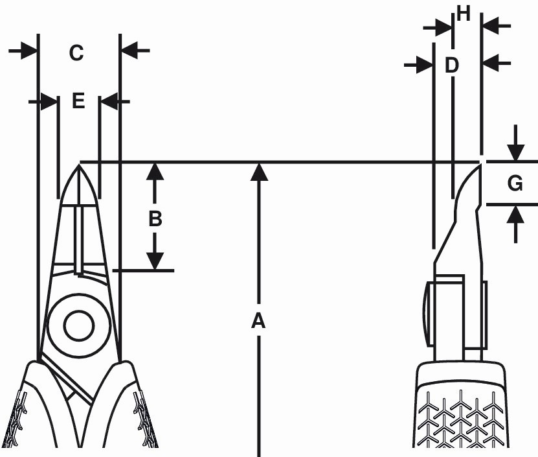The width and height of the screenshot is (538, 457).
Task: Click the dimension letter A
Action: point(258,321)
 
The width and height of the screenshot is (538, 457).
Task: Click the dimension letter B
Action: point(155,218)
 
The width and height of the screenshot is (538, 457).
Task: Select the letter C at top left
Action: point(76,53)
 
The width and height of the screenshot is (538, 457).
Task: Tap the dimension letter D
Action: point(451,65)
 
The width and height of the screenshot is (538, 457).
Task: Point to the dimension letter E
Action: point(78,101)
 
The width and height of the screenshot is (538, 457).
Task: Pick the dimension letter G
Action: point(515,183)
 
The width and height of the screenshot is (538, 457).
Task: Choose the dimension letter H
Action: point(463,14)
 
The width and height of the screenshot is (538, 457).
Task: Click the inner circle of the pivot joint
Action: point(79,325)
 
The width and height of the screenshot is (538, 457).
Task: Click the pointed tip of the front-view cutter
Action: point(80,165)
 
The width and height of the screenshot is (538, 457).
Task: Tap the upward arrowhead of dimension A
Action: point(259,172)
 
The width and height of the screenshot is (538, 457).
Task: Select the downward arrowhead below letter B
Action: point(155,261)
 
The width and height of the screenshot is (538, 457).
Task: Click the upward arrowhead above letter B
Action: point(155,172)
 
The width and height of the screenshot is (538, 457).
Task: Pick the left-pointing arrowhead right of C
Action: point(129,51)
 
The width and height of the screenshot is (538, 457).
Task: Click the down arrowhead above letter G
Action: point(516,152)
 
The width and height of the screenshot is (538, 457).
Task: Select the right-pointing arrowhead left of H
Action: point(443,27)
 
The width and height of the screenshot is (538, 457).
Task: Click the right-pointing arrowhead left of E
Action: point(49,101)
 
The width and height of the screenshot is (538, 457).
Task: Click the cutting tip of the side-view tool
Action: point(479,164)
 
